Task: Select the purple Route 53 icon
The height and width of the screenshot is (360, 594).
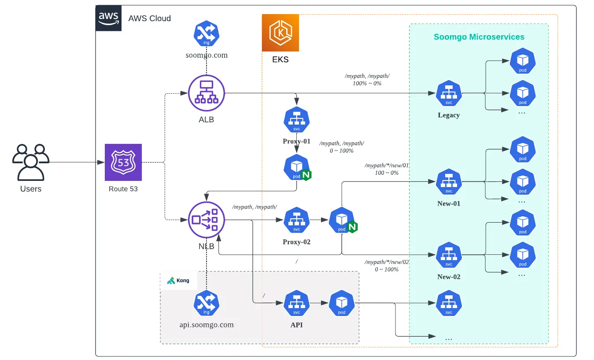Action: pos(123,162)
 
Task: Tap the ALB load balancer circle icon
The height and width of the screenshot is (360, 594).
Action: pos(207,93)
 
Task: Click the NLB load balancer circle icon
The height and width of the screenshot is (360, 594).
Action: pos(207,219)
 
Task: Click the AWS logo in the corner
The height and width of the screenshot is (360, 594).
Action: pos(108,18)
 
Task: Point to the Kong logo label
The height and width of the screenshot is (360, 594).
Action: pos(178,280)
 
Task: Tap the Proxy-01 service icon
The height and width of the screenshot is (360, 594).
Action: pos(296,120)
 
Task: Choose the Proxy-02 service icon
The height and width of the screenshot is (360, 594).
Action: pos(296,220)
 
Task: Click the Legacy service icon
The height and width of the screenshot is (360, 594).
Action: pos(449,93)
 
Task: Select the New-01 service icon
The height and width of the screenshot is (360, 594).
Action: pos(449,181)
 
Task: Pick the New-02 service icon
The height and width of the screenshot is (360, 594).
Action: pos(449,255)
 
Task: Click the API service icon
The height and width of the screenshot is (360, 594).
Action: pos(296,303)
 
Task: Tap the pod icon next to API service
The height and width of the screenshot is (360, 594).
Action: pos(342,303)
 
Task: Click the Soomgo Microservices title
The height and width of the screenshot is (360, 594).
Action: pos(479,37)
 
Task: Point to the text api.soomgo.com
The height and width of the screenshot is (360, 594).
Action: pos(207,325)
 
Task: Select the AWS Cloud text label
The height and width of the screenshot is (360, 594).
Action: pos(149,18)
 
